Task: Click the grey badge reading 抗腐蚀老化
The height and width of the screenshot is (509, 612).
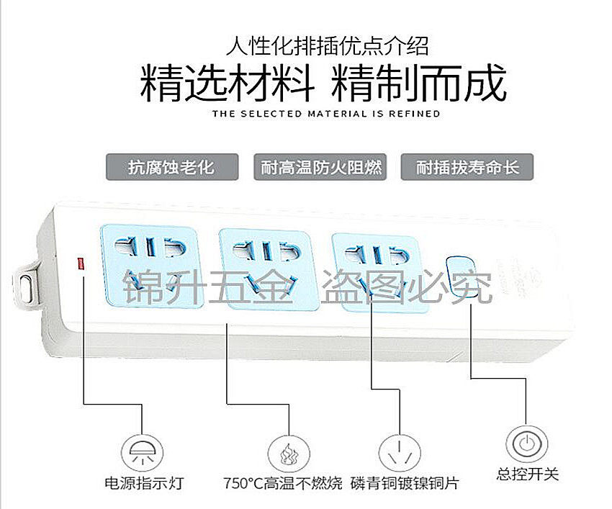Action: coord(171,168)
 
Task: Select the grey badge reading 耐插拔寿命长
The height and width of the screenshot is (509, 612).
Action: coord(467,168)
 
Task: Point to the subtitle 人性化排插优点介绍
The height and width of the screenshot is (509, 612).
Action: coord(326,48)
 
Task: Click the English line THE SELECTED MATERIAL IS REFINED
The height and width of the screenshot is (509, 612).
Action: coord(326,114)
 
